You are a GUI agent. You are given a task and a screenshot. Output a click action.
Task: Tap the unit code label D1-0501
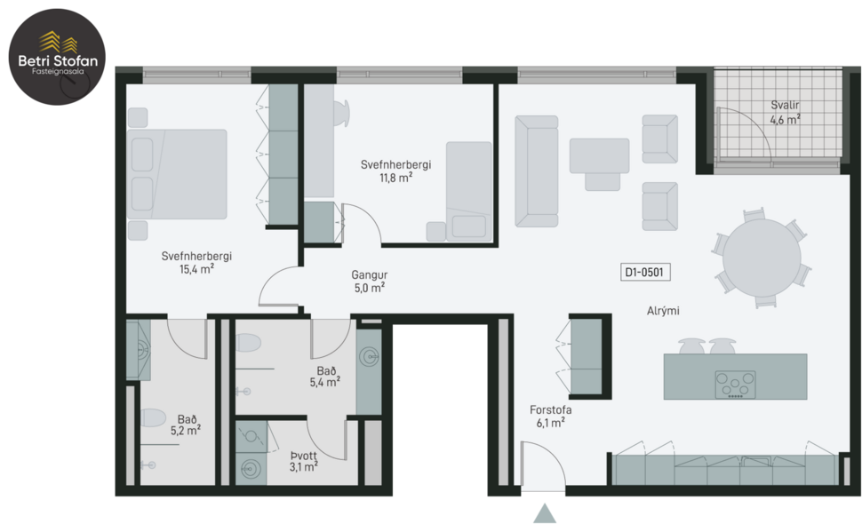pyautogui.click(x=646, y=273)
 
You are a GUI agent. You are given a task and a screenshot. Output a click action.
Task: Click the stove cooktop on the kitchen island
pyautogui.click(x=735, y=384)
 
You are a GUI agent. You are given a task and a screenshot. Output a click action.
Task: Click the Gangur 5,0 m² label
pyautogui.click(x=368, y=282)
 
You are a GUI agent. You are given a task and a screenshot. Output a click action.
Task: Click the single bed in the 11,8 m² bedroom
pyautogui.click(x=467, y=191)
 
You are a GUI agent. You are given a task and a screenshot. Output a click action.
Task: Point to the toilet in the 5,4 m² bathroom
pyautogui.click(x=248, y=344)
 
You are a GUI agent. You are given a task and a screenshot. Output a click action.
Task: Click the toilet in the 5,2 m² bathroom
pyautogui.click(x=153, y=417)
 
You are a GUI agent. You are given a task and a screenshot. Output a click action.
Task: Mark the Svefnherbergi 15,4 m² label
pyautogui.click(x=196, y=262)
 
